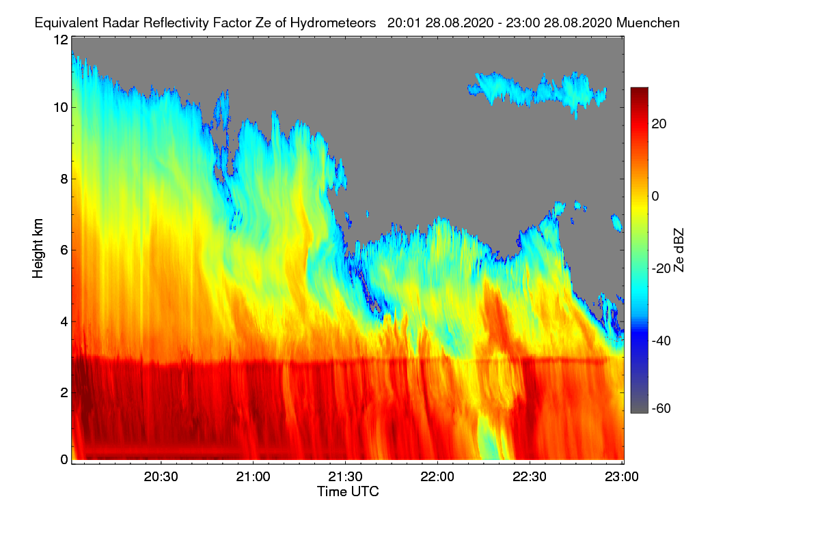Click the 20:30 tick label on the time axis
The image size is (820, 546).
tap(161, 477)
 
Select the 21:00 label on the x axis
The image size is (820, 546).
tap(253, 477)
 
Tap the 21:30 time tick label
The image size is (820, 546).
tap(345, 477)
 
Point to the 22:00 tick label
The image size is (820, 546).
tap(437, 477)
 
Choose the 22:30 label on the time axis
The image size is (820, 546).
tap(530, 477)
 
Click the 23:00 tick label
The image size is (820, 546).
tap(622, 477)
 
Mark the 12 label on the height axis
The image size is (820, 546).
tap(61, 40)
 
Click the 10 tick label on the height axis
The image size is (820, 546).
tap(61, 108)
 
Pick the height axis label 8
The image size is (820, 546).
tap(64, 179)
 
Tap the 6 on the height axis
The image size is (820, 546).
tap(64, 250)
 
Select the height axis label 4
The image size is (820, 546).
tap(64, 322)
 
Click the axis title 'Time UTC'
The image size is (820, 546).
tap(348, 491)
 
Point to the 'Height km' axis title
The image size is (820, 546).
tap(38, 248)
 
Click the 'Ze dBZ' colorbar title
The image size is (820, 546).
tap(679, 250)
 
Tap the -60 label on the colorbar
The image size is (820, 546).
tap(661, 409)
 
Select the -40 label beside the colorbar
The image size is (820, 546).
tap(661, 341)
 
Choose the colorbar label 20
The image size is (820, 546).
tap(659, 124)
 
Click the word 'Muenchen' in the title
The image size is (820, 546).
tap(648, 23)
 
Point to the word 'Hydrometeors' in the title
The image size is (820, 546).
tap(333, 23)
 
